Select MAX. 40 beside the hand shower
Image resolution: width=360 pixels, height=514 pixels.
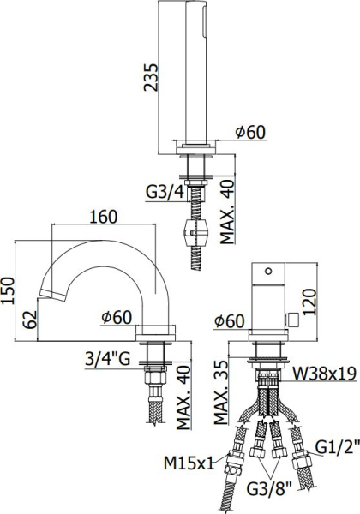225,212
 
